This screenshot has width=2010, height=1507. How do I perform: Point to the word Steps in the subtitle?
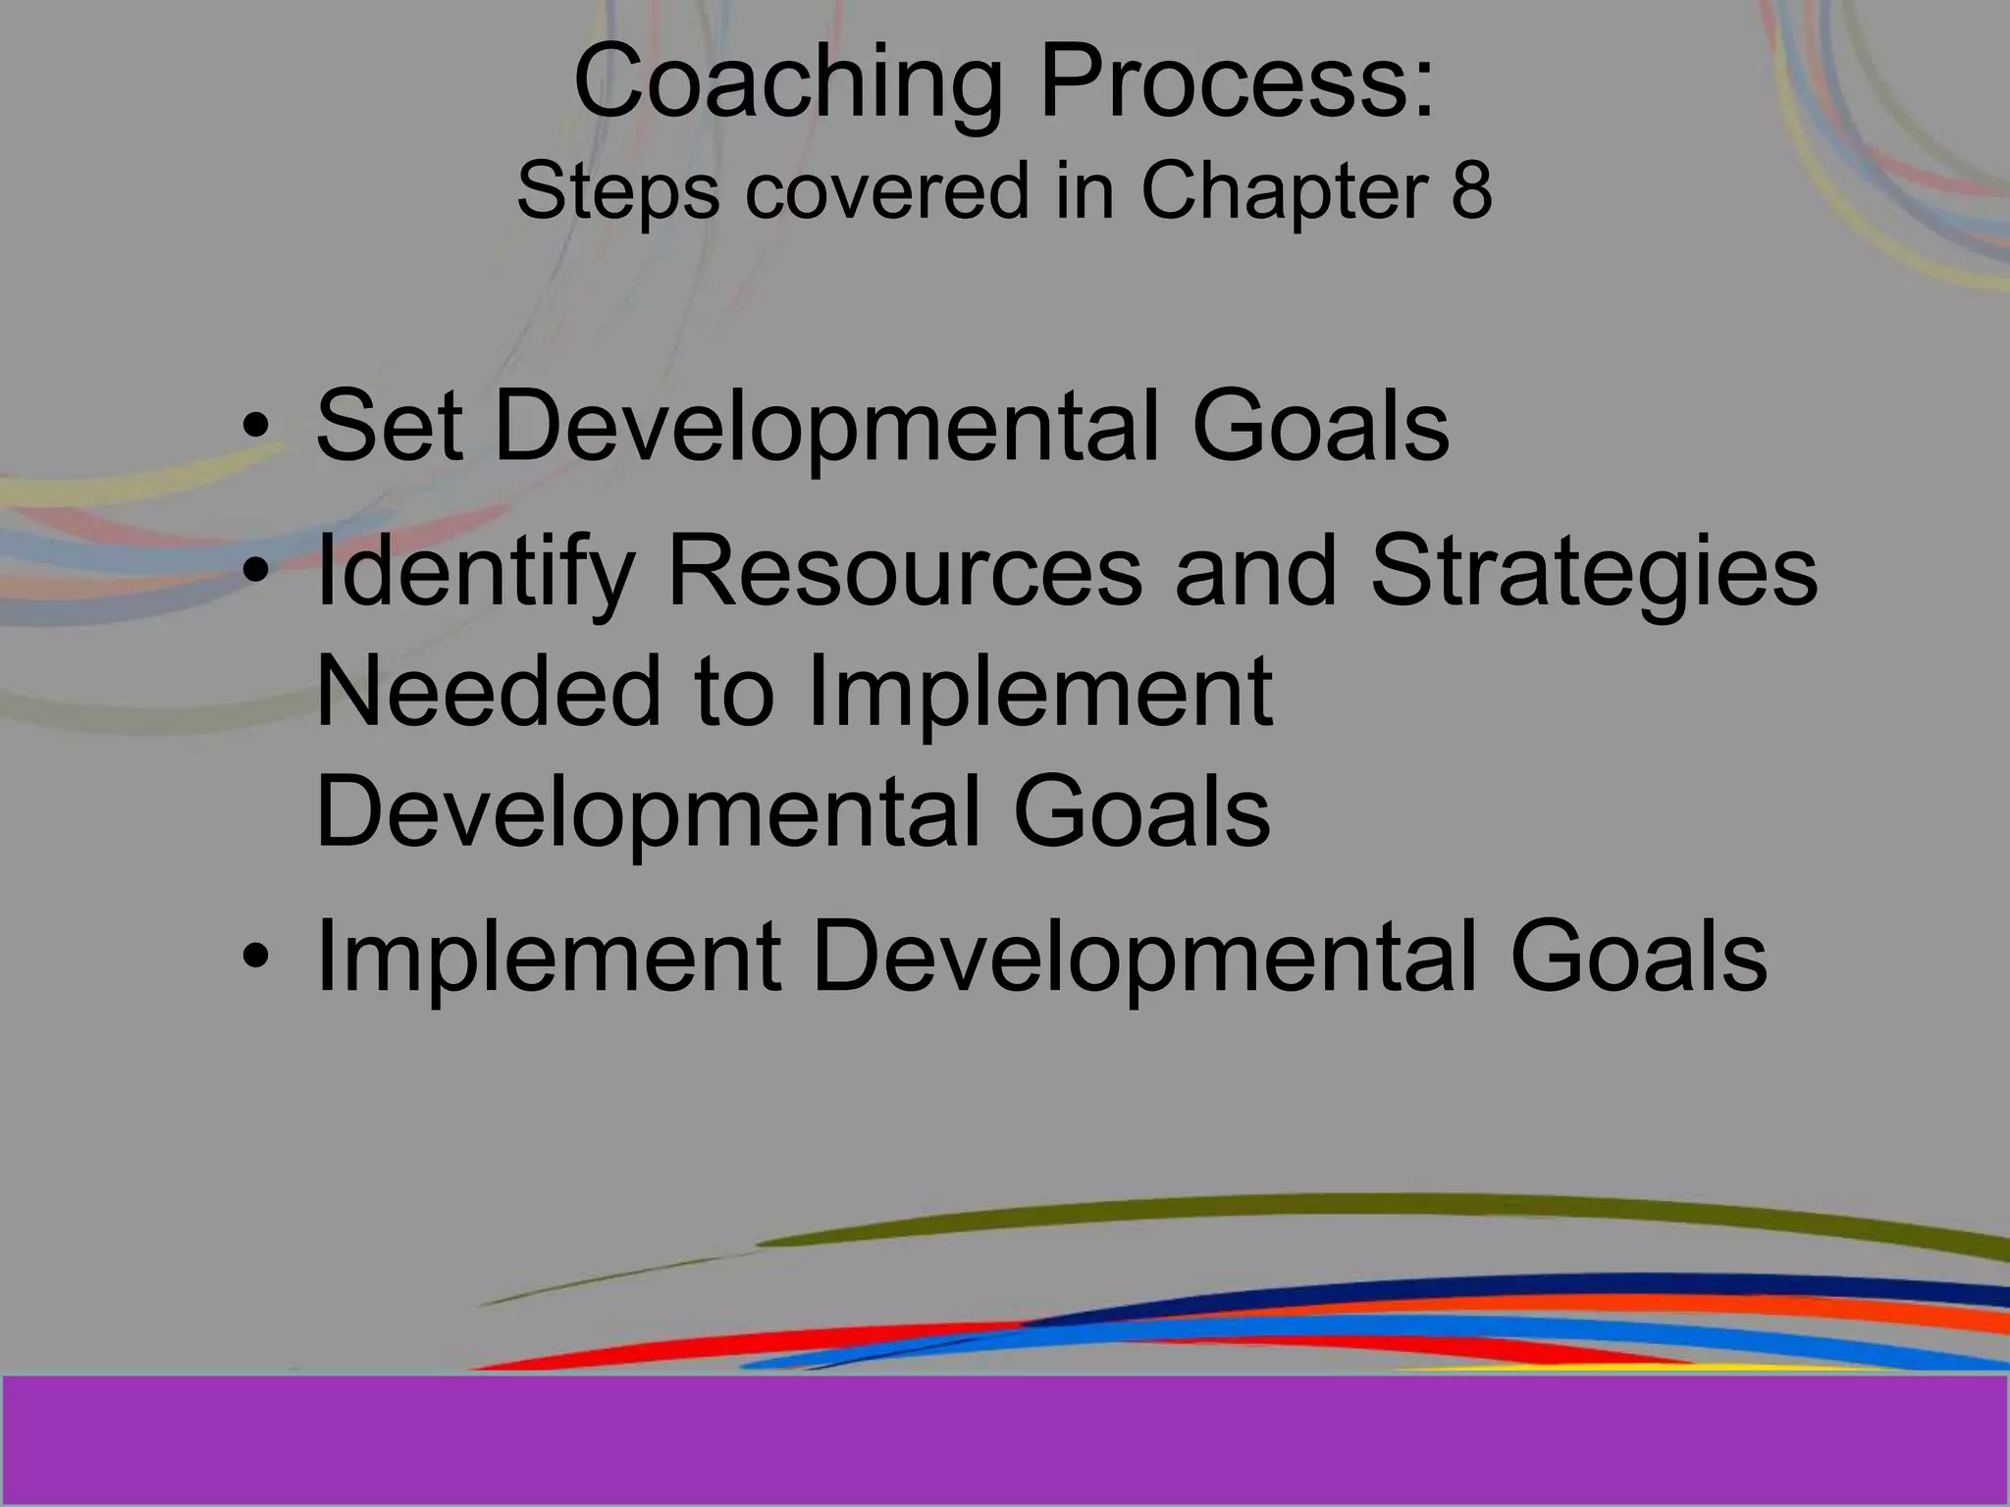[617, 192]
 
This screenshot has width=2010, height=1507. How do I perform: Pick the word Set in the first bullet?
[389, 426]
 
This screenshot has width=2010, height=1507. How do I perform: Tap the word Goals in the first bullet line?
[1319, 426]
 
